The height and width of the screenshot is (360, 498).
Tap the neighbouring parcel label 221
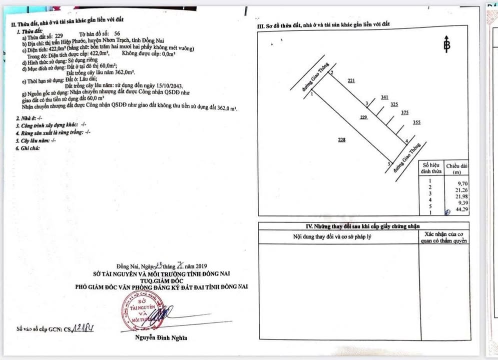pos(351,80)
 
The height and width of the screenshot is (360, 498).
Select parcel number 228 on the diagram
pos(341,140)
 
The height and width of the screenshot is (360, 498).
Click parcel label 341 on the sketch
pos(384,97)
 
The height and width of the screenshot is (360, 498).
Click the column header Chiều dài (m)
pos(456,168)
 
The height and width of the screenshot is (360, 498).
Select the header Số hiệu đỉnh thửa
pos(431,168)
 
